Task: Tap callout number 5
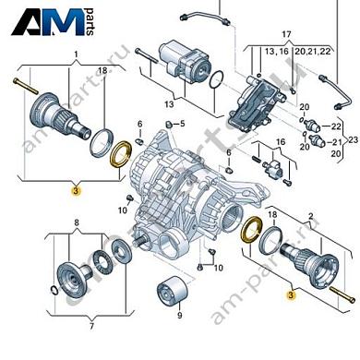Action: pyautogui.click(x=182, y=124)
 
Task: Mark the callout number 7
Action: pyautogui.click(x=76, y=327)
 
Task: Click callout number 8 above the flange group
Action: pyautogui.click(x=77, y=223)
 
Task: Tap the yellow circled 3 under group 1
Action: pyautogui.click(x=77, y=189)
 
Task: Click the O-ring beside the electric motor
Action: pyautogui.click(x=215, y=82)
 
